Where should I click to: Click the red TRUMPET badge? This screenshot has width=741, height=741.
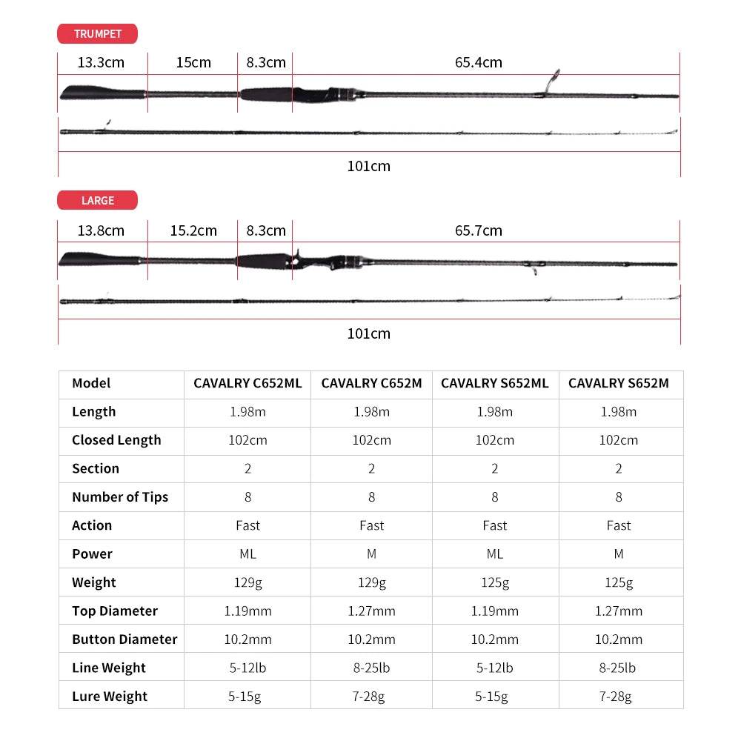click(x=97, y=34)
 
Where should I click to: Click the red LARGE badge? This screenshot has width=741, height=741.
click(x=97, y=200)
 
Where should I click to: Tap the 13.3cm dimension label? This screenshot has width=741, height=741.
click(x=101, y=62)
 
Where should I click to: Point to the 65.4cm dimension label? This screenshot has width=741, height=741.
click(x=478, y=62)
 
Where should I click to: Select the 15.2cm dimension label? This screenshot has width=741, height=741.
click(x=193, y=230)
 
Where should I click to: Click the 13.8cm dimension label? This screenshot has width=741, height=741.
click(x=101, y=230)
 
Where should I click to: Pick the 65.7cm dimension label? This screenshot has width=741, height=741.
click(x=478, y=230)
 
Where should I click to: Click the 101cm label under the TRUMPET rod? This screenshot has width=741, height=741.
click(x=368, y=166)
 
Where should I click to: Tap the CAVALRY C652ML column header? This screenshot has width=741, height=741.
click(x=247, y=383)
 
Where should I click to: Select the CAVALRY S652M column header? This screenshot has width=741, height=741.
click(x=618, y=383)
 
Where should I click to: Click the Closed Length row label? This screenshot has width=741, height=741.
click(x=116, y=440)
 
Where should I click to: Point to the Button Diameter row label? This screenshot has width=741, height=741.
click(x=124, y=639)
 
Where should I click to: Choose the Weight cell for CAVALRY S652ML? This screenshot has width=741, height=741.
click(x=494, y=582)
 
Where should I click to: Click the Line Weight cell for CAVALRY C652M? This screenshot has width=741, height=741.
click(x=371, y=668)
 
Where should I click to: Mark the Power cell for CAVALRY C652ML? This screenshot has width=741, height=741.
click(x=247, y=554)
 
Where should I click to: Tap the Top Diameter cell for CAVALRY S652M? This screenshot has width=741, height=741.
click(x=618, y=611)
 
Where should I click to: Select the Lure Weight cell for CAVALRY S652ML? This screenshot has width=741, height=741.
click(x=494, y=696)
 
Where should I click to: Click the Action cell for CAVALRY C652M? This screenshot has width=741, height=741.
click(x=371, y=525)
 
